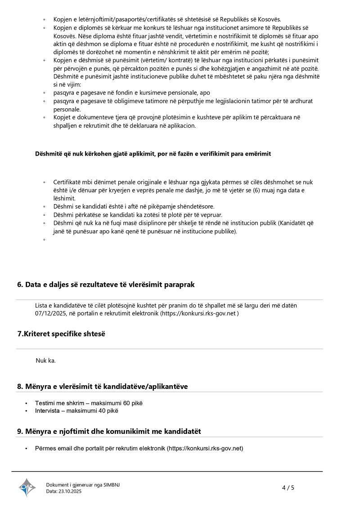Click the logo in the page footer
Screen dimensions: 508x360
pyautogui.click(x=27, y=487)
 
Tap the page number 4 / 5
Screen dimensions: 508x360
pyautogui.click(x=288, y=487)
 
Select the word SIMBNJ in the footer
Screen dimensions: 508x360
pyautogui.click(x=112, y=485)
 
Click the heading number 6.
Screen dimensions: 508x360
pyautogui.click(x=20, y=285)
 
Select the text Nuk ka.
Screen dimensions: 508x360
pyautogui.click(x=45, y=361)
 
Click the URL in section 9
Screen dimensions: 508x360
pyautogui.click(x=205, y=448)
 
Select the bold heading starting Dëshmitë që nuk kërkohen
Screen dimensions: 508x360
pyautogui.click(x=153, y=154)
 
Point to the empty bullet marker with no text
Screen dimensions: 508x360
pyautogui.click(x=44, y=240)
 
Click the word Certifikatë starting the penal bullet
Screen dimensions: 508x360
pyautogui.click(x=67, y=182)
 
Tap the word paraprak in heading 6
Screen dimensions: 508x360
pyautogui.click(x=179, y=285)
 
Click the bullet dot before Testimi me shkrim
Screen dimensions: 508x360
pyautogui.click(x=27, y=403)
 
